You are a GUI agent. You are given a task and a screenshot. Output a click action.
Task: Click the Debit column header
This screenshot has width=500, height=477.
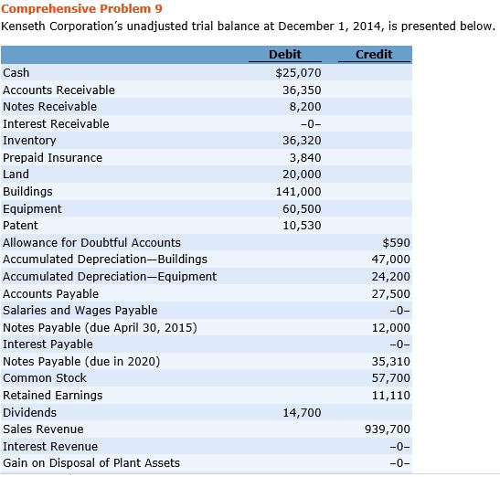[285, 54]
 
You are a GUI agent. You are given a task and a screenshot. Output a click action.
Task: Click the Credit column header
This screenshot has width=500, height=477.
[374, 54]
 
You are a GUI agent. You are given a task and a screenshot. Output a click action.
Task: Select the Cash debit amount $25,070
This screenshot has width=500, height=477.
[299, 73]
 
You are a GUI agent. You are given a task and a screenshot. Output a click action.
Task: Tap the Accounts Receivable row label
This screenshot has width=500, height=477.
[59, 90]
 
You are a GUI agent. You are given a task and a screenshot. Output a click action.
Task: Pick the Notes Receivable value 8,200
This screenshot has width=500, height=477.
[305, 107]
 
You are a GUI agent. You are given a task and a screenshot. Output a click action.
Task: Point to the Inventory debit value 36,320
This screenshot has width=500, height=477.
[302, 141]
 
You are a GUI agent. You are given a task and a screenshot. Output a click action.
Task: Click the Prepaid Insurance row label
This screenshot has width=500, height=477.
[53, 157]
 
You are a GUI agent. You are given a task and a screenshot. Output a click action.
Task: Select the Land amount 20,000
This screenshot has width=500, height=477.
[302, 175]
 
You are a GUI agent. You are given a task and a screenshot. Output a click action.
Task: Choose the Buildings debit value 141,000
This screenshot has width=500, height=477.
[299, 191]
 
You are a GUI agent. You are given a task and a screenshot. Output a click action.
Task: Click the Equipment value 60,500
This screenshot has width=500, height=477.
[302, 209]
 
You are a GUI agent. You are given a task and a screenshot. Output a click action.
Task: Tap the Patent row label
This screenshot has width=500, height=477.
[20, 226]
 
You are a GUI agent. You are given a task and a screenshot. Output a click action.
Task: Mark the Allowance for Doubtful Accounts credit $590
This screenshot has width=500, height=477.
[397, 243]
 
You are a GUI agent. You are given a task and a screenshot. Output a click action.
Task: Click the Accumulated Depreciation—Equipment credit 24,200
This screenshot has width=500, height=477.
[391, 277]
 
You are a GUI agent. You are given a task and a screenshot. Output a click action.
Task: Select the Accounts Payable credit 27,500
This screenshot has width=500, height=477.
[391, 293]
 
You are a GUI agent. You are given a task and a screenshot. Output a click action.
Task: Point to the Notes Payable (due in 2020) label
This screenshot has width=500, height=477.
[81, 362]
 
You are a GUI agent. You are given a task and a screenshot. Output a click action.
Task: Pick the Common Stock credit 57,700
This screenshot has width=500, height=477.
[391, 377]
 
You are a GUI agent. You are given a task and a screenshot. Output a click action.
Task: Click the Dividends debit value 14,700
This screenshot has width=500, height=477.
[302, 413]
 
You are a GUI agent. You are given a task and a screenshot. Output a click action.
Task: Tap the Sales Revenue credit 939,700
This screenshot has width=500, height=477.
[388, 429]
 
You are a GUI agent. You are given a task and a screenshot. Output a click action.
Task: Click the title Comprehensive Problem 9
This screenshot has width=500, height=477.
[81, 8]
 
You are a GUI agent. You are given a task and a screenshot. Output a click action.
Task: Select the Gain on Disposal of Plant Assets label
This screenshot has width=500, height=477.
[91, 463]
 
